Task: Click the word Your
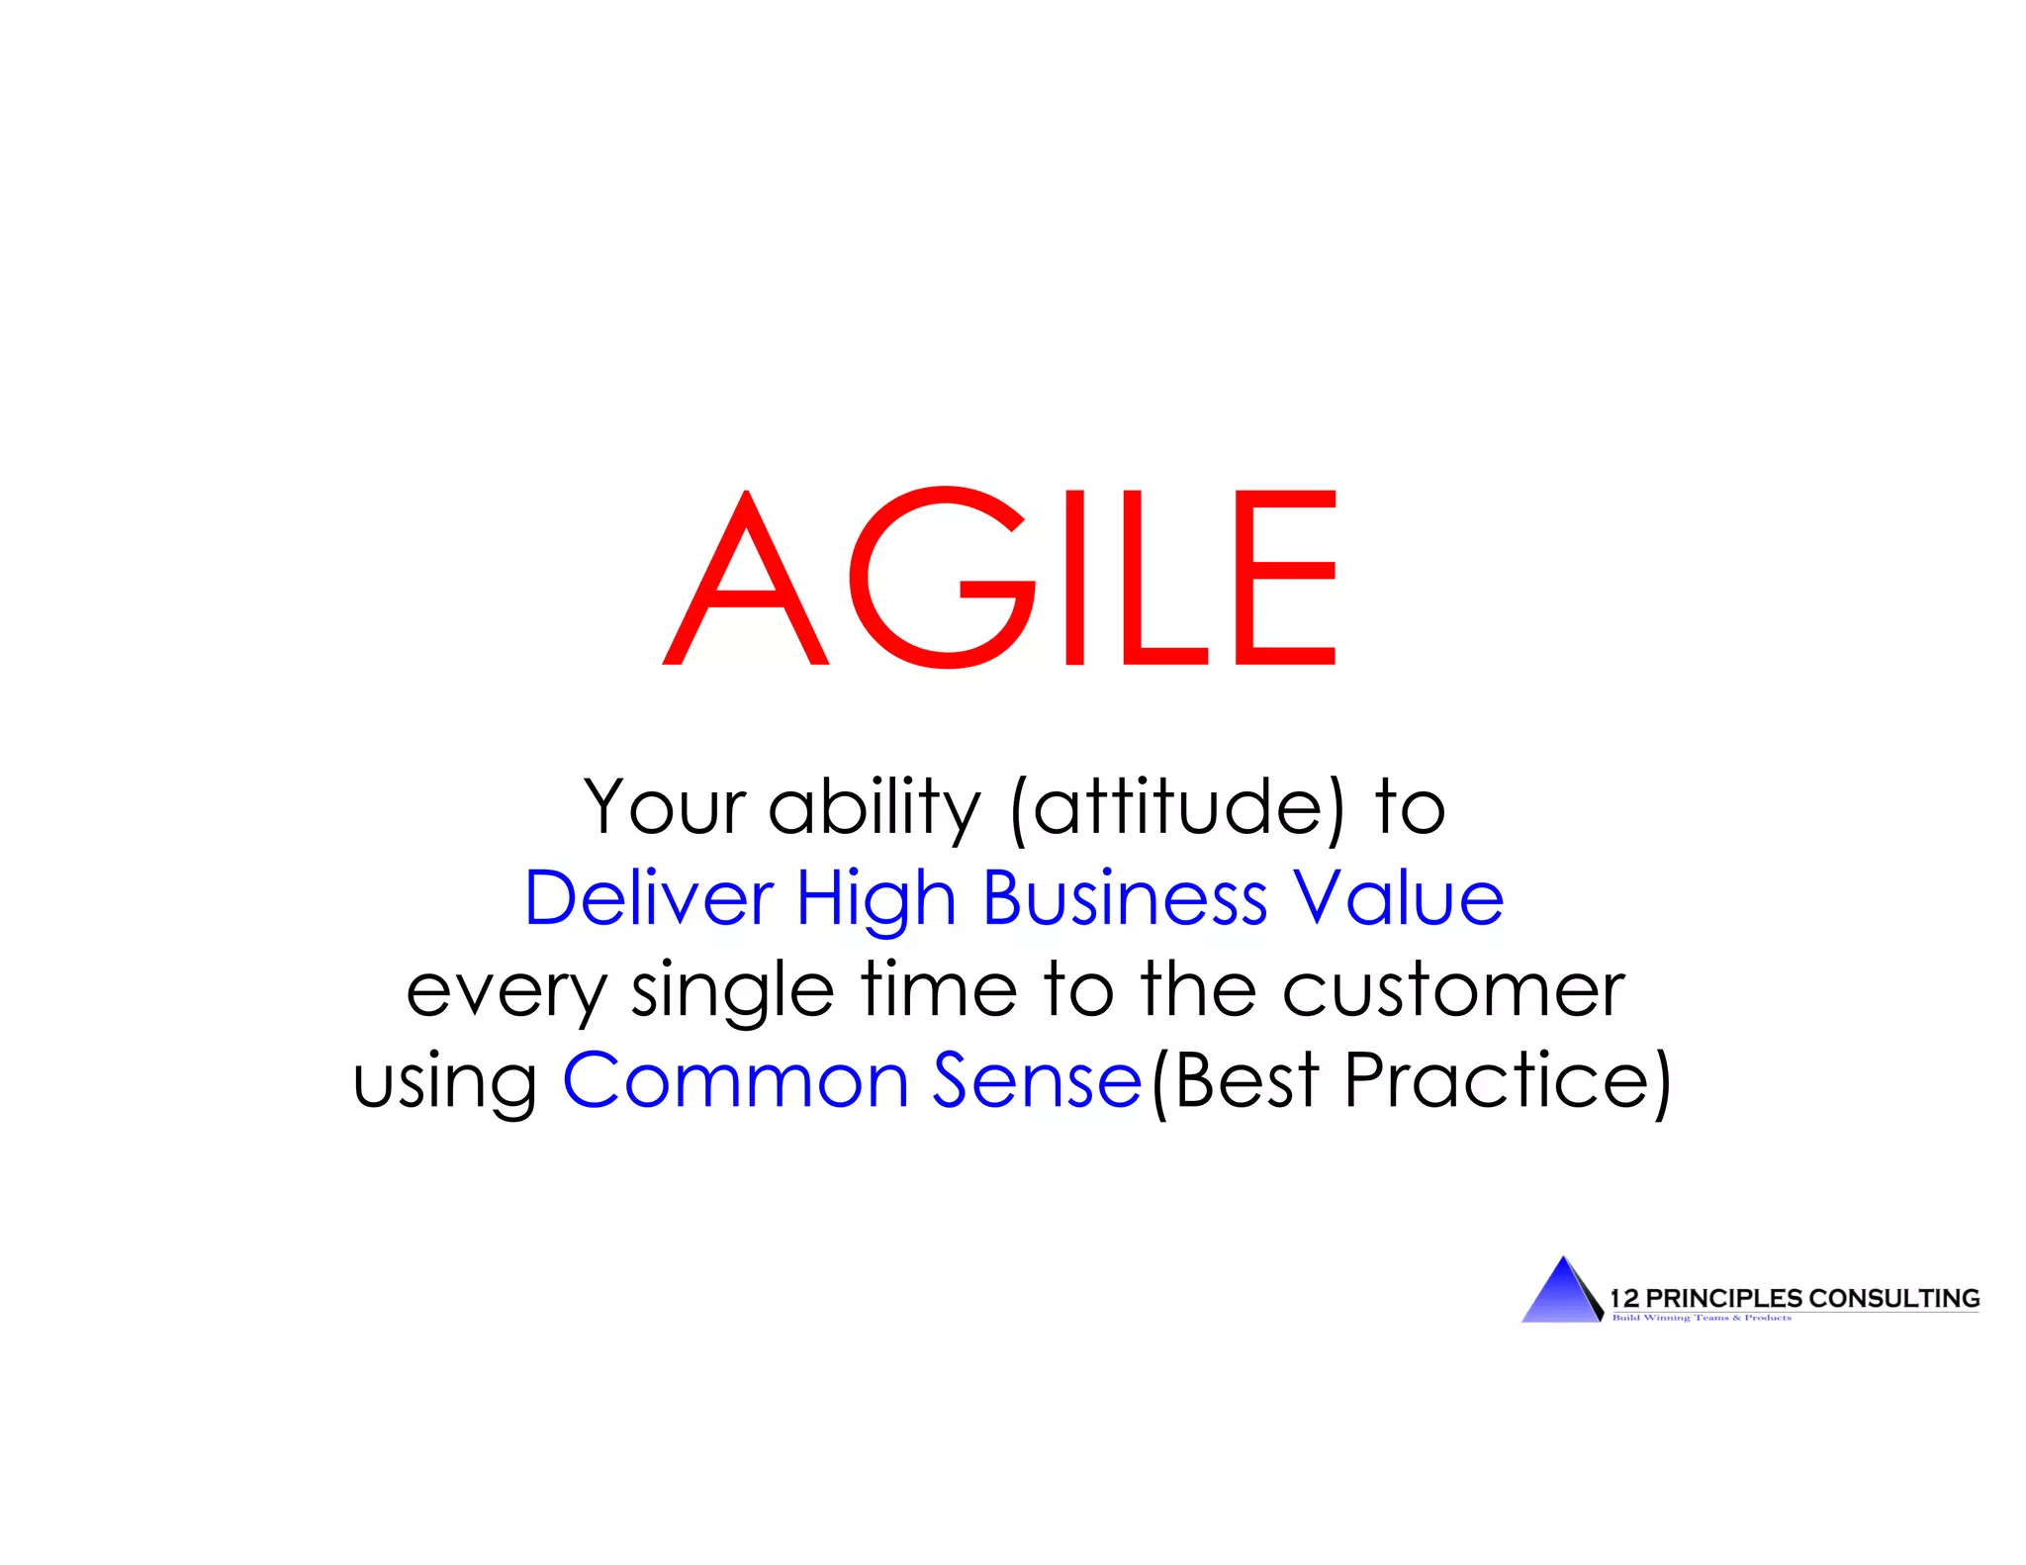(665, 808)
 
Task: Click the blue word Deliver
(648, 898)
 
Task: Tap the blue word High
(876, 898)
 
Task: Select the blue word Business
(1125, 898)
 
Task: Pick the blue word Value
(1399, 898)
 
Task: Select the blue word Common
(735, 1080)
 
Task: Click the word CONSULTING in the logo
(1893, 1298)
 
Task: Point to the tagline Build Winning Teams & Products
(1702, 1318)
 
